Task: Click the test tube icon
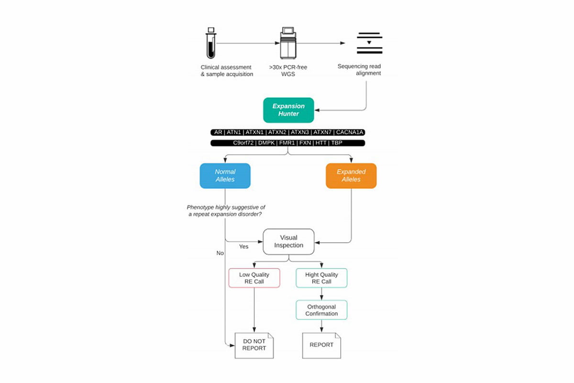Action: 211,43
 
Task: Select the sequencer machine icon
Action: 288,43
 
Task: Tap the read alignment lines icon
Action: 369,43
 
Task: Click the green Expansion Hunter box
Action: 288,110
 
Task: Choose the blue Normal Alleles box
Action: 225,176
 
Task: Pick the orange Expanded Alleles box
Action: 351,176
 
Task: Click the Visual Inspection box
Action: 288,241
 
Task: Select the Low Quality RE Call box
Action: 254,278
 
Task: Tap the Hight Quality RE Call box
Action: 321,278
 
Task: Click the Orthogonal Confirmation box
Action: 321,310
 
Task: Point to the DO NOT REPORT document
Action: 254,345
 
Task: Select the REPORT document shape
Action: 321,345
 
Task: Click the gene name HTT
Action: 321,143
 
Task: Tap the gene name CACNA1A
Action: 351,132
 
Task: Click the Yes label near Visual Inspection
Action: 244,247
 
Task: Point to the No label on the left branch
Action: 220,253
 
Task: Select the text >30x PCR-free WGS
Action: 288,71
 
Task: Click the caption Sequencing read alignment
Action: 359,70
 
